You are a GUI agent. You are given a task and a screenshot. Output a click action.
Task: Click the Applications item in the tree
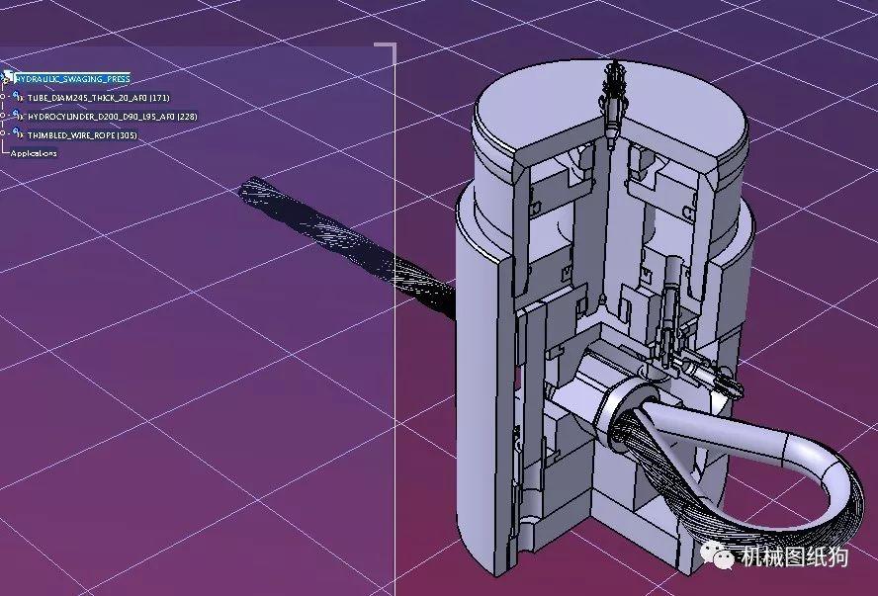34,153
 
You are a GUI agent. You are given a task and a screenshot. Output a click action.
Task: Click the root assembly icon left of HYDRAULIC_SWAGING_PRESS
8,77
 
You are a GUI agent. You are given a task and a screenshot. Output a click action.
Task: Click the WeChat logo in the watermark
724,557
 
